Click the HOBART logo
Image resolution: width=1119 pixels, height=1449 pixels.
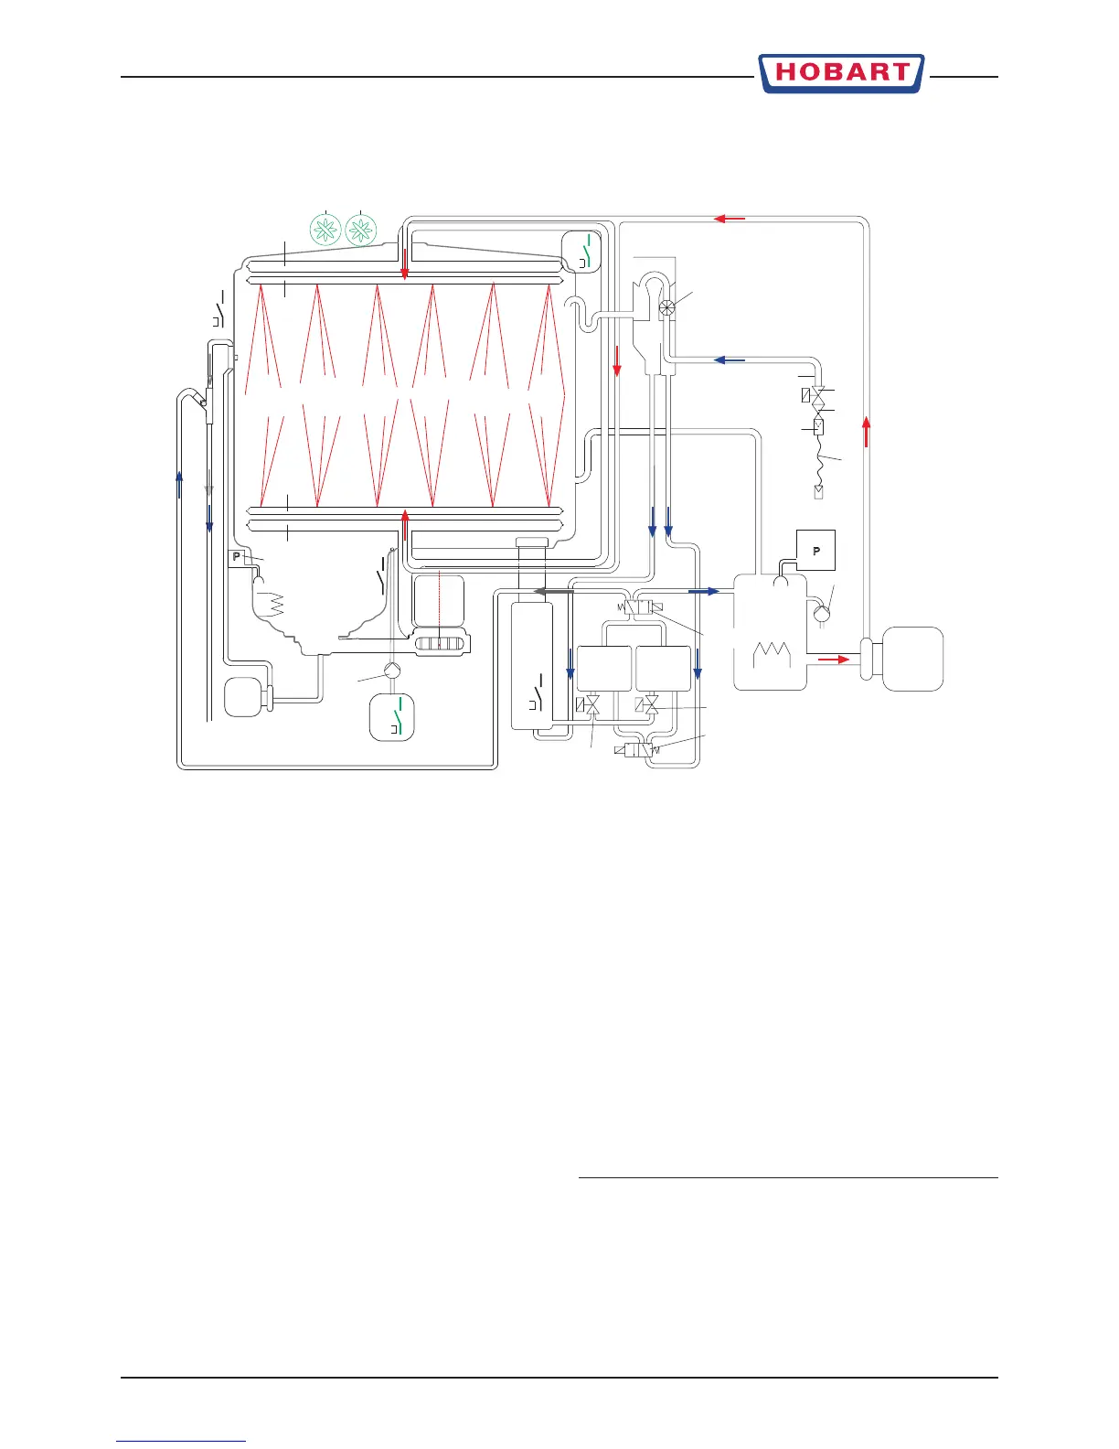(840, 73)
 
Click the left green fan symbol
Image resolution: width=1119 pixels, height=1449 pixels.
(326, 230)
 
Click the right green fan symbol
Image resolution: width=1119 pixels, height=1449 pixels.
(362, 230)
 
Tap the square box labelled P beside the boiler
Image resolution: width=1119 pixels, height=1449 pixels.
(816, 551)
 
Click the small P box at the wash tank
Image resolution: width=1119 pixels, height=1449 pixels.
(237, 557)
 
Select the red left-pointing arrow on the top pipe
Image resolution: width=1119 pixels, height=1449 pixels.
(729, 219)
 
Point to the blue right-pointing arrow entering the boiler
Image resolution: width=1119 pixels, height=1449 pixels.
(703, 592)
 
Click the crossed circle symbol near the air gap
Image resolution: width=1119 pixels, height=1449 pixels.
(668, 308)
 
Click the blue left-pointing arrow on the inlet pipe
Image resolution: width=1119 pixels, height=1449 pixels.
(729, 360)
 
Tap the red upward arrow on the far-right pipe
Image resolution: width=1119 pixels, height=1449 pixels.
(865, 429)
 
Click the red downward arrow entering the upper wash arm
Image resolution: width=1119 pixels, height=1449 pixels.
(404, 261)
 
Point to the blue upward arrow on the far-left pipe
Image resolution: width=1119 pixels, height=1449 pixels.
(179, 482)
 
